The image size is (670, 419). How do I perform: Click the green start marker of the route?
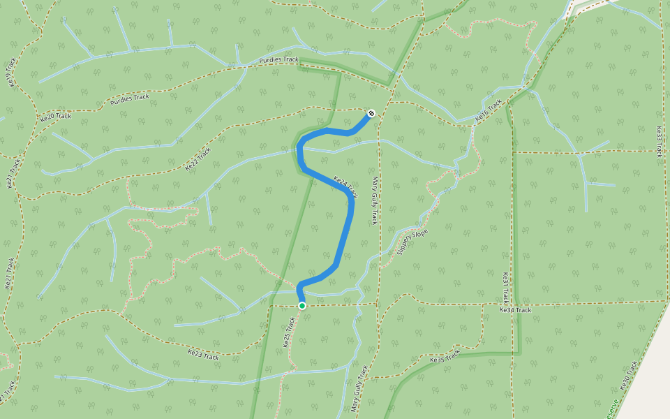(301, 306)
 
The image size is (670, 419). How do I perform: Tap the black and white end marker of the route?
(371, 112)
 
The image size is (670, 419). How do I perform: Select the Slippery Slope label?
(412, 242)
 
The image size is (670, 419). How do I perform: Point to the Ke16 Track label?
(489, 112)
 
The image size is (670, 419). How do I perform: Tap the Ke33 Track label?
(658, 141)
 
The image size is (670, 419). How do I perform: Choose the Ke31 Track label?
(506, 286)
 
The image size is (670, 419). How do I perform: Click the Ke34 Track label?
(515, 309)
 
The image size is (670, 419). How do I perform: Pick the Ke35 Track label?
(446, 356)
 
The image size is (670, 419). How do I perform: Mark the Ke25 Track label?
(288, 332)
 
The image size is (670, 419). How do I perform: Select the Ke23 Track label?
(203, 355)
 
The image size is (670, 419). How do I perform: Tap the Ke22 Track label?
(198, 159)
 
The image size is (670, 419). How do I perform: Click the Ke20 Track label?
(56, 117)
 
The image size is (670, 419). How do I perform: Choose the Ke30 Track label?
(629, 375)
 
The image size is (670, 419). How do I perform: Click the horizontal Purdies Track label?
(278, 60)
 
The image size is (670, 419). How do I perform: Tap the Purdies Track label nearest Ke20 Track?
(130, 100)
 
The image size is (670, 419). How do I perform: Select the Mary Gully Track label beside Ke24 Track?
(375, 200)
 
